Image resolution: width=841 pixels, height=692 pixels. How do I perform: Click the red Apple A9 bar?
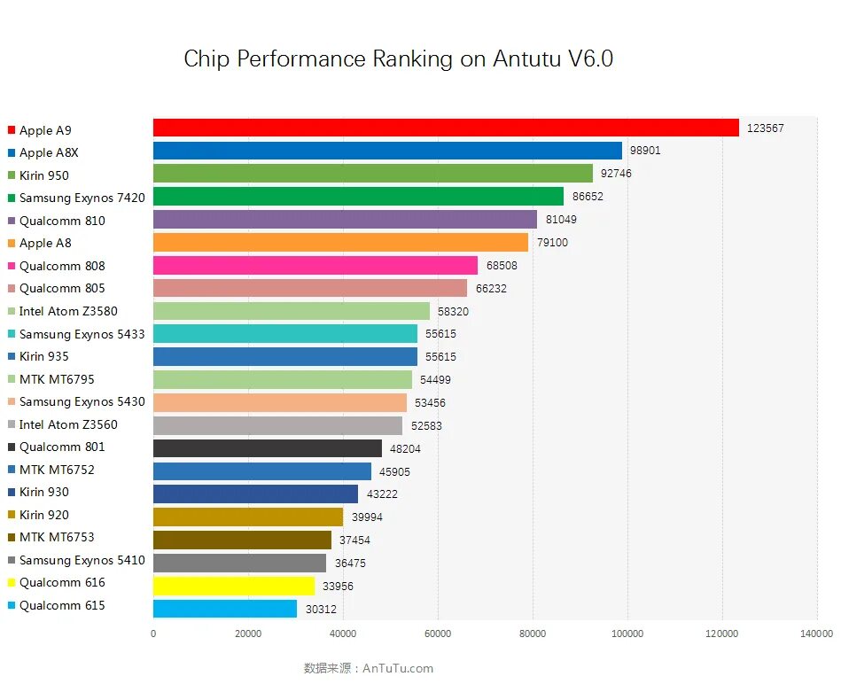[x=446, y=128]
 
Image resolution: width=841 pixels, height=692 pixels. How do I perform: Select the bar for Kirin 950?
[x=373, y=174]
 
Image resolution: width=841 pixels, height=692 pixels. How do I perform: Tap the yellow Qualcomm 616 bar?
[x=234, y=586]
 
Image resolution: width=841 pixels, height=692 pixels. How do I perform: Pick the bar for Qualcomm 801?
[x=268, y=448]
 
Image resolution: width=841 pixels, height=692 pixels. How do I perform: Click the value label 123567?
[x=765, y=128]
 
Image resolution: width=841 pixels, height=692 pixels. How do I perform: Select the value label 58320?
[x=455, y=312]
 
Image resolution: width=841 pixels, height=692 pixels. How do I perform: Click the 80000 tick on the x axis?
[x=533, y=634]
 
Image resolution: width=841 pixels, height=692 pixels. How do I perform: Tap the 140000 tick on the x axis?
[x=816, y=634]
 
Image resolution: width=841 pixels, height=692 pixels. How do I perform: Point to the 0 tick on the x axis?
[x=153, y=634]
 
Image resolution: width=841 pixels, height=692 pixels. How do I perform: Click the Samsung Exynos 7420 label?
[x=82, y=198]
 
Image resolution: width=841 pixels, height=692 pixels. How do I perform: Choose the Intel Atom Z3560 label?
[x=68, y=424]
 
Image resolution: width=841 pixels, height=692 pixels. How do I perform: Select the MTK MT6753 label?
[x=57, y=537]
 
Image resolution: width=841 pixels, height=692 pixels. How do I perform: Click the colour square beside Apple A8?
[x=12, y=243]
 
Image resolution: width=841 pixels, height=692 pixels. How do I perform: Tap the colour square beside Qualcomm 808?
[x=12, y=266]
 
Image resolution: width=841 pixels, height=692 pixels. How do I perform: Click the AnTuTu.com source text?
[x=398, y=668]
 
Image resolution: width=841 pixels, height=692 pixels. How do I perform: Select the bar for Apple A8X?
[x=387, y=151]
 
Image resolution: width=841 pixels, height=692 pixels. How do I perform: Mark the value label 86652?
[x=588, y=197]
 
